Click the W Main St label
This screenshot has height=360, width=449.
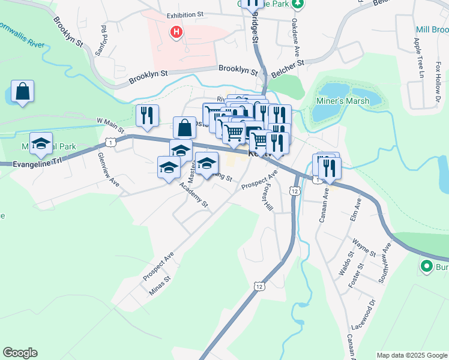(111, 125)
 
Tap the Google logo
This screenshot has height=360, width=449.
(20, 353)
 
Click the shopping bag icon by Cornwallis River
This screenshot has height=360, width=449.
(22, 92)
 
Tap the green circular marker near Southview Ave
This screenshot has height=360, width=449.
(427, 266)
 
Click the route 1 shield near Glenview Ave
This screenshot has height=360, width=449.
(110, 142)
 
